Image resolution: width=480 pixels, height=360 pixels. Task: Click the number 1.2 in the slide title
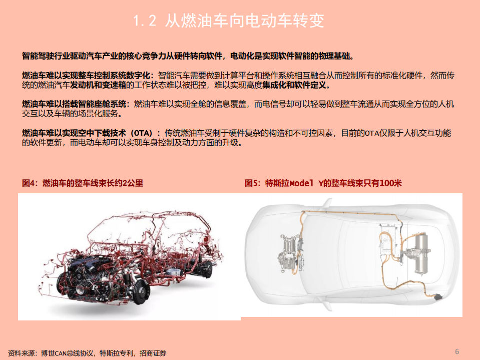145,21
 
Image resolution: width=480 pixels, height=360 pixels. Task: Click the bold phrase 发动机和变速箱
99,85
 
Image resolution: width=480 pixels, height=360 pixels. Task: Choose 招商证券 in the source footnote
154,353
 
